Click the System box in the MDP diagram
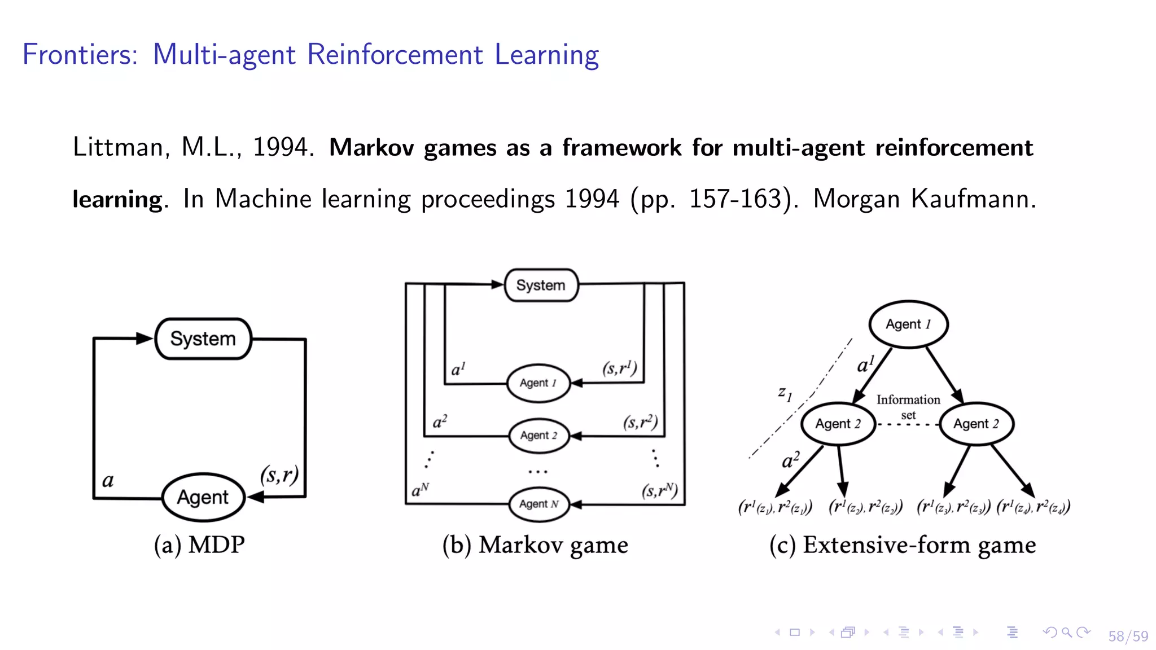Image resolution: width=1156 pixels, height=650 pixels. pyautogui.click(x=203, y=339)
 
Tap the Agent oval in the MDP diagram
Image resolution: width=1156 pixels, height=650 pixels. pyautogui.click(x=203, y=497)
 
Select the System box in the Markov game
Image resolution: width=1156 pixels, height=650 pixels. pyautogui.click(x=541, y=285)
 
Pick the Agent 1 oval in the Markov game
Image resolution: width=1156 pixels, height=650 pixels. pyautogui.click(x=538, y=383)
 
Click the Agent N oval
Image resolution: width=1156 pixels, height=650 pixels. pyautogui.click(x=538, y=504)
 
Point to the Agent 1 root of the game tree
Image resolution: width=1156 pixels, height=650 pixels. pyautogui.click(x=908, y=324)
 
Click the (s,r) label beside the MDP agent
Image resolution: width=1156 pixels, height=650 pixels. pyautogui.click(x=279, y=475)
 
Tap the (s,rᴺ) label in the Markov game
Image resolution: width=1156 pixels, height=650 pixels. pyautogui.click(x=659, y=490)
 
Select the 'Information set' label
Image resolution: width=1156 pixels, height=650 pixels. pyautogui.click(x=908, y=406)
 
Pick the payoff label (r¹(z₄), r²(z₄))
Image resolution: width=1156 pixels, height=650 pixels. pyautogui.click(x=1033, y=507)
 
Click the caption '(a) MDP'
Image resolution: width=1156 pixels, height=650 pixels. pyautogui.click(x=199, y=545)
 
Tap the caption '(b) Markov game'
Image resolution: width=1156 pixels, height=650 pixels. pyautogui.click(x=535, y=545)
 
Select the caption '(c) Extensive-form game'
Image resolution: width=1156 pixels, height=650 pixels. pyautogui.click(x=903, y=545)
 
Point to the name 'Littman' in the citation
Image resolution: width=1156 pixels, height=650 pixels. pyautogui.click(x=117, y=147)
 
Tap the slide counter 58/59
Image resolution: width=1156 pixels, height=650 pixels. pyautogui.click(x=1128, y=636)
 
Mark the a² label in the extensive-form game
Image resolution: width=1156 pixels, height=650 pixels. pyautogui.click(x=791, y=460)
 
